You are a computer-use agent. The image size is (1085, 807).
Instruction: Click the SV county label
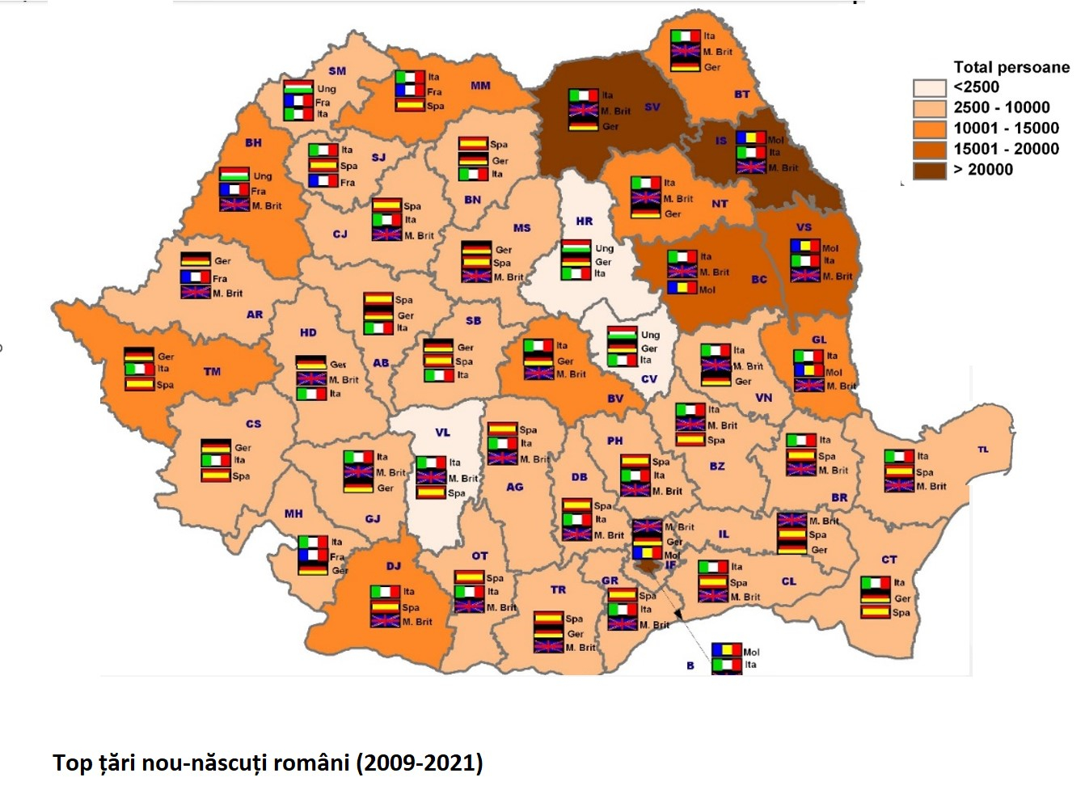pyautogui.click(x=652, y=107)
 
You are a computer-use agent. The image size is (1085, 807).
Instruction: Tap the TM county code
pyautogui.click(x=212, y=372)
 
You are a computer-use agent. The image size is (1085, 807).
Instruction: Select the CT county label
pyautogui.click(x=889, y=560)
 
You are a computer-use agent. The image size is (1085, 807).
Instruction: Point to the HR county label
pyautogui.click(x=584, y=221)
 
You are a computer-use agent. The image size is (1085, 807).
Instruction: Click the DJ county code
pyautogui.click(x=394, y=566)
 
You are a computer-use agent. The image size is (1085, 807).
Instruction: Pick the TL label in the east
pyautogui.click(x=983, y=450)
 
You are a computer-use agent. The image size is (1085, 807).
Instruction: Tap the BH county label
pyautogui.click(x=254, y=143)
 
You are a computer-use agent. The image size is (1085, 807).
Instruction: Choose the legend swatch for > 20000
pyautogui.click(x=929, y=170)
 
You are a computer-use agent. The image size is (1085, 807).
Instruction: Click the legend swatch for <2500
pyautogui.click(x=929, y=87)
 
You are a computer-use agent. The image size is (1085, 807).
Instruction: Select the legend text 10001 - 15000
pyautogui.click(x=1006, y=128)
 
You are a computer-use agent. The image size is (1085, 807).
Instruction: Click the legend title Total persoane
pyautogui.click(x=1011, y=67)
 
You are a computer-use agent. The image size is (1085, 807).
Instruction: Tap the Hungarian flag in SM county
pyautogui.click(x=298, y=87)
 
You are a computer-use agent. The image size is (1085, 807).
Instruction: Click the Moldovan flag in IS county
pyautogui.click(x=750, y=138)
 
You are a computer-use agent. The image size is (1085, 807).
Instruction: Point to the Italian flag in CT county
pyautogui.click(x=876, y=583)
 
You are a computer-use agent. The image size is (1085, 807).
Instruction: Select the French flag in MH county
pyautogui.click(x=313, y=556)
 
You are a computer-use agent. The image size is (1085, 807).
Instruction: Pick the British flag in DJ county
pyautogui.click(x=385, y=621)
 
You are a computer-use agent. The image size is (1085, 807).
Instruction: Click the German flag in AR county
pyautogui.click(x=195, y=260)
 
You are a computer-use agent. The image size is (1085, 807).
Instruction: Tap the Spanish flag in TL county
pyautogui.click(x=899, y=471)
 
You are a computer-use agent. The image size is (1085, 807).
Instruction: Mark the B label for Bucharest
pyautogui.click(x=690, y=665)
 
